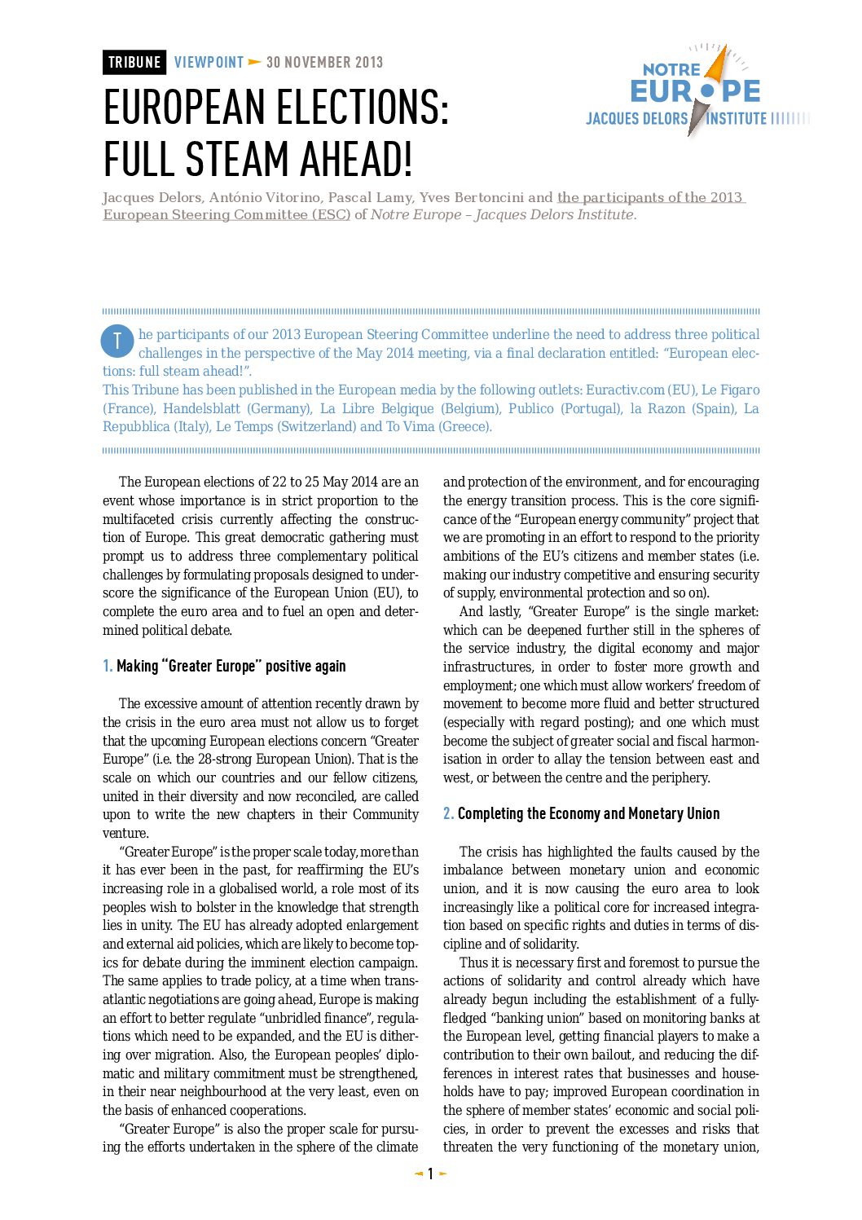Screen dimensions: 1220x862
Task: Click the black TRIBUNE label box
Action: [134, 63]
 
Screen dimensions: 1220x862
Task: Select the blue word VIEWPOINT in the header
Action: [209, 63]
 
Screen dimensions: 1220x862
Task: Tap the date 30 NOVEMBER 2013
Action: [324, 63]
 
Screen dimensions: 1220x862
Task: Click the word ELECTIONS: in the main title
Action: [354, 108]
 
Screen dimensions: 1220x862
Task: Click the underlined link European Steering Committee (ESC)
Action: [226, 215]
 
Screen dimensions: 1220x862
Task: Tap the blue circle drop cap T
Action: [117, 341]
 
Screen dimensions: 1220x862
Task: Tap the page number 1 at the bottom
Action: [430, 1174]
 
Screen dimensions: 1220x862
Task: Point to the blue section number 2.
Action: [447, 814]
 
